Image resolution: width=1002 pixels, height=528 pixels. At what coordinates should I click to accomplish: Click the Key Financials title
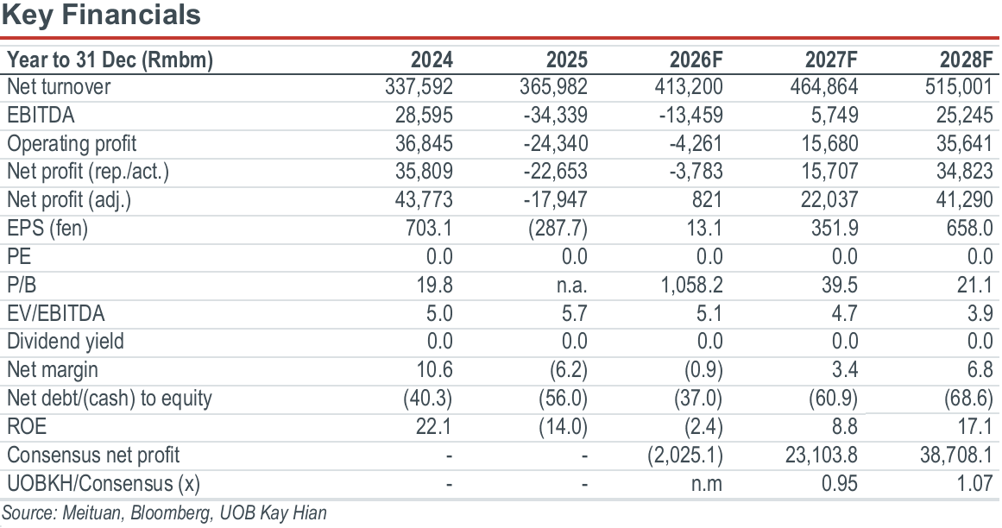click(101, 15)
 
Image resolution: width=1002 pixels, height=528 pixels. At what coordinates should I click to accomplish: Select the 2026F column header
click(696, 60)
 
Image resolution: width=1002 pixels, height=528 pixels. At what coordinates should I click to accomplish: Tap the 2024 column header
click(432, 60)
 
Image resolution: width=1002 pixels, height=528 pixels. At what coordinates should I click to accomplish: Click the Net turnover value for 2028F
click(959, 87)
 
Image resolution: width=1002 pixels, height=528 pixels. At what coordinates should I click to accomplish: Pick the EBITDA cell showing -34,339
click(555, 115)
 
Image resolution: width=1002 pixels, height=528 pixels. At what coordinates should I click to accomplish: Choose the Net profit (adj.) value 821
click(706, 200)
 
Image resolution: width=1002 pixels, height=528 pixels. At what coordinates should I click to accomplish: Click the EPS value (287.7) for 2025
click(558, 228)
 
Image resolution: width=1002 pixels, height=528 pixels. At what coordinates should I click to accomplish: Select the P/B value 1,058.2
click(691, 285)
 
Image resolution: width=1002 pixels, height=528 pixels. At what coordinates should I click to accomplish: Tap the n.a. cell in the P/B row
click(572, 285)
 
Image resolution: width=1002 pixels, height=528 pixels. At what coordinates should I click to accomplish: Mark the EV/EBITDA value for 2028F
click(979, 313)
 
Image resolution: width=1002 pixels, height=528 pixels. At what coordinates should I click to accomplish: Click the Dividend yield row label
click(66, 341)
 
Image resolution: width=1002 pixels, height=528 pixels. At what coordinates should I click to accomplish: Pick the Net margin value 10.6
click(434, 369)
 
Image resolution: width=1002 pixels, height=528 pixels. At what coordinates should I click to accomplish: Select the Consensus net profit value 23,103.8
click(822, 455)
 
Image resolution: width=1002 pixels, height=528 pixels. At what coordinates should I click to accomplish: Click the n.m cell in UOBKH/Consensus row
click(707, 483)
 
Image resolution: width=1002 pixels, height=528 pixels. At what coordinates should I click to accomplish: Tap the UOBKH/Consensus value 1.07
click(974, 482)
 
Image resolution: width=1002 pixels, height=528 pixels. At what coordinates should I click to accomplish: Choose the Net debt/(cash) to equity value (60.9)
click(834, 398)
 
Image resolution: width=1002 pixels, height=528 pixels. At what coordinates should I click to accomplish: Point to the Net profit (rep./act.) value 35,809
click(424, 171)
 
